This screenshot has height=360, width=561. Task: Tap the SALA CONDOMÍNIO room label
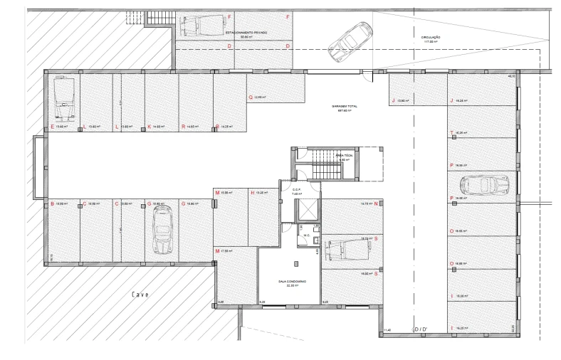(292, 282)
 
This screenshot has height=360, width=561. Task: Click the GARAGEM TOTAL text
(345, 107)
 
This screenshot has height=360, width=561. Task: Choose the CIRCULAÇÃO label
(431, 39)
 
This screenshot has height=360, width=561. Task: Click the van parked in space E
(62, 100)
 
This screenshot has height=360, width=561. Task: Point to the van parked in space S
(347, 248)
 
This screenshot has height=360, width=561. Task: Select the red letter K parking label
(150, 127)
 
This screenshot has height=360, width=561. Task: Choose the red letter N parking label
(375, 204)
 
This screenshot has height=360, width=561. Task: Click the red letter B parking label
(53, 204)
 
